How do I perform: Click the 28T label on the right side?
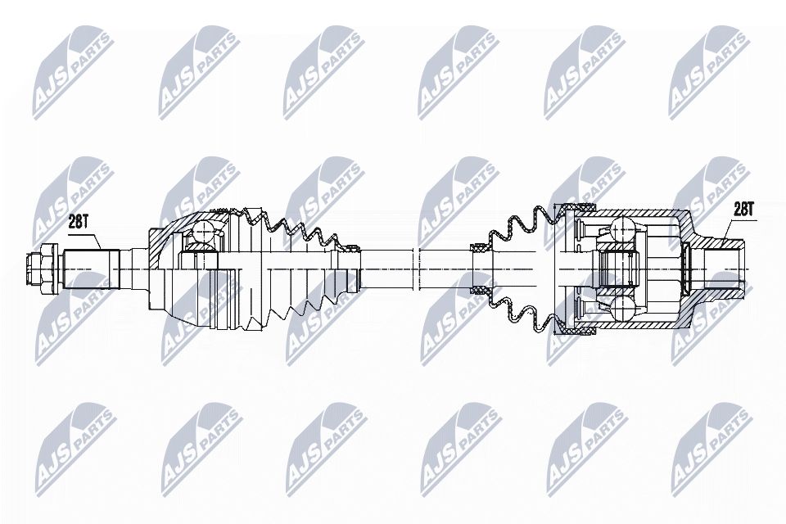pos(743,210)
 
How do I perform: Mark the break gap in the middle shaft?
pos(417,268)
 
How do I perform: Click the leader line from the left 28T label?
pos(93,237)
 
